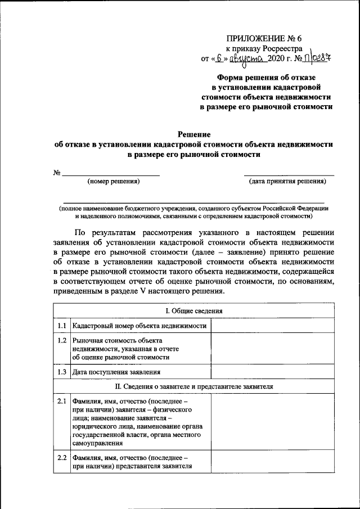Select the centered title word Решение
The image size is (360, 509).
coord(193,134)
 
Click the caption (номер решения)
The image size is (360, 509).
coord(113,181)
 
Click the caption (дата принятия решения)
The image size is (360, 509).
coord(287,181)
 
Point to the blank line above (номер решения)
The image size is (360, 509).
coord(110,175)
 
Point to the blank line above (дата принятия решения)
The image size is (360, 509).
coord(289,175)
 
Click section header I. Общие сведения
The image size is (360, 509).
coord(193,311)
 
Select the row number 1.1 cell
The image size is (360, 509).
coord(62,326)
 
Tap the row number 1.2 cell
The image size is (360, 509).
coord(62,341)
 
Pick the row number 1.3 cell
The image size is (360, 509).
coord(62,372)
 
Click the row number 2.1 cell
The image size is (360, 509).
coord(62,402)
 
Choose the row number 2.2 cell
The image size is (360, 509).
coord(62,457)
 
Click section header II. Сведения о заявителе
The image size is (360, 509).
coord(193,387)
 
